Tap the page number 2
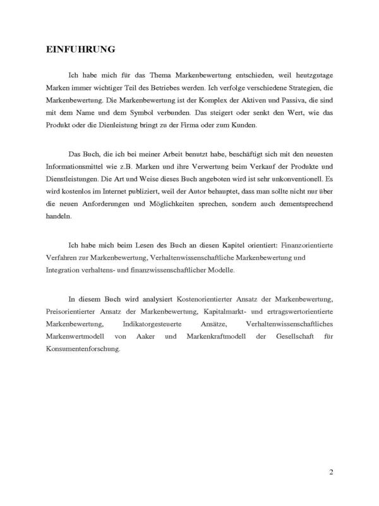[331, 472]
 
